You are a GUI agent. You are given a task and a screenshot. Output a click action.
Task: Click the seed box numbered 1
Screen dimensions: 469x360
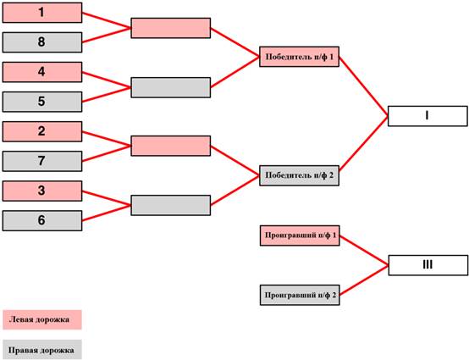click(42, 13)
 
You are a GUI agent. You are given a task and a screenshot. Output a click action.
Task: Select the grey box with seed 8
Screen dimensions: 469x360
click(42, 42)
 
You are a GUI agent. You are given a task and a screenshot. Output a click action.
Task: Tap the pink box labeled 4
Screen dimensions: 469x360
click(42, 72)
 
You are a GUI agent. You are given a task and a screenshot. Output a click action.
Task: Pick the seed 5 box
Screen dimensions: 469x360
click(42, 102)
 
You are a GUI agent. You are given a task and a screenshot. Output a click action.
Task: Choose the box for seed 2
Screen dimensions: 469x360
click(42, 131)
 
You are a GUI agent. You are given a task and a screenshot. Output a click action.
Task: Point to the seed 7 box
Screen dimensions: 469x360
click(42, 161)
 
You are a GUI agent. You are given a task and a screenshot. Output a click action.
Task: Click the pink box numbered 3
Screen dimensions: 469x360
click(42, 191)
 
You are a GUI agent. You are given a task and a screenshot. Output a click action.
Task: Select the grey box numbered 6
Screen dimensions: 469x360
click(42, 220)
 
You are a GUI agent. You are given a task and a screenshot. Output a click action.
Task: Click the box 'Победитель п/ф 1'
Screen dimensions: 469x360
click(299, 57)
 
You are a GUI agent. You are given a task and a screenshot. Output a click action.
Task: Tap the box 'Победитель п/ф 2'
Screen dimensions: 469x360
click(299, 175)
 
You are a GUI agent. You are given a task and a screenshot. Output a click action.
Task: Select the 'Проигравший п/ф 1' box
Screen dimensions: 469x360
click(300, 235)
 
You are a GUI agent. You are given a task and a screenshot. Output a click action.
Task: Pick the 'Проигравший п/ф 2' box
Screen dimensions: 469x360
click(300, 295)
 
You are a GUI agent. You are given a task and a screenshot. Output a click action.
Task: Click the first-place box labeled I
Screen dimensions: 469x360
click(428, 116)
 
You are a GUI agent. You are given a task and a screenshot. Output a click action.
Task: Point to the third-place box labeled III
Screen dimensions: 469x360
click(428, 265)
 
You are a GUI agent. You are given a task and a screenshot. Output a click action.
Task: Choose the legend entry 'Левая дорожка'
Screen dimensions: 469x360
click(42, 319)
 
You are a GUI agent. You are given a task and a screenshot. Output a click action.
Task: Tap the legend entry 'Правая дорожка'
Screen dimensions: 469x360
click(42, 349)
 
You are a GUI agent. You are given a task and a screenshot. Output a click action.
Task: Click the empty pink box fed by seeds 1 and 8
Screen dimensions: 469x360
click(171, 28)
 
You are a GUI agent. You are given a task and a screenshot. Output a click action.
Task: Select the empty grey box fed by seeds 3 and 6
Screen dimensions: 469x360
click(171, 205)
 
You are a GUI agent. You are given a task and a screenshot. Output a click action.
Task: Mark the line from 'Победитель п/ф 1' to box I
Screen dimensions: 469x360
click(363, 86)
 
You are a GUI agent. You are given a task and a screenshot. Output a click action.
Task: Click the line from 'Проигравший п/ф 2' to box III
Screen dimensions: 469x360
click(364, 280)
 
